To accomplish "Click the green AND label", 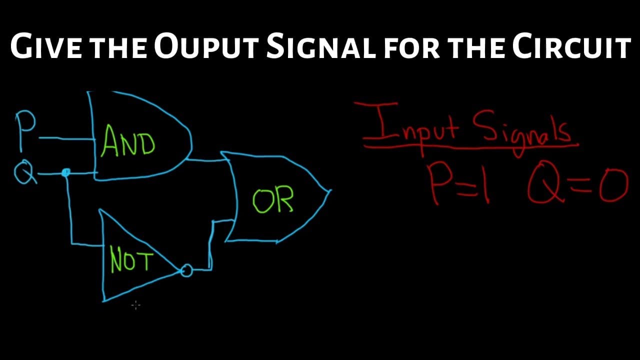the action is [127, 141].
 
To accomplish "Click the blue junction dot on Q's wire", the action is [66, 172].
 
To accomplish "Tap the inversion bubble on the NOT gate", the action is [186, 270].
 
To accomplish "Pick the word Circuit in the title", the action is [571, 45].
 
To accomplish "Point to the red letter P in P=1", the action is [439, 184].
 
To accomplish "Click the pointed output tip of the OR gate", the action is [330, 190].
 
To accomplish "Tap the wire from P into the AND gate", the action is [67, 139].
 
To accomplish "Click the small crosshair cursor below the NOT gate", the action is [136, 305].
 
